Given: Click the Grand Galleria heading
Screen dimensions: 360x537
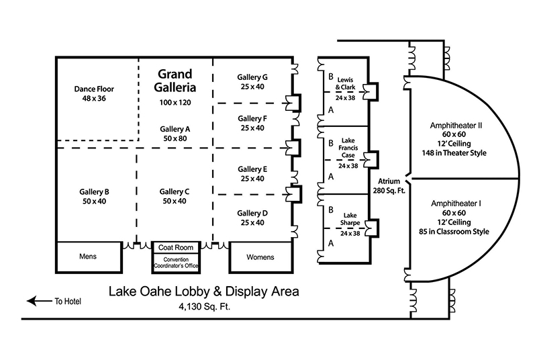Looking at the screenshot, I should click(175, 81).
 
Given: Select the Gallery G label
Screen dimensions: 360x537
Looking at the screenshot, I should click(252, 77).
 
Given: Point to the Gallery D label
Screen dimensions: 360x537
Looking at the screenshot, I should click(252, 213).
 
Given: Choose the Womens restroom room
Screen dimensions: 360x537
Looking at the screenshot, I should click(260, 257).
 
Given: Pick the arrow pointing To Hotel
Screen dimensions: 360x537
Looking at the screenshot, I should click(38, 302).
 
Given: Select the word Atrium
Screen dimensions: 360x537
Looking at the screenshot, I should click(389, 181).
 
